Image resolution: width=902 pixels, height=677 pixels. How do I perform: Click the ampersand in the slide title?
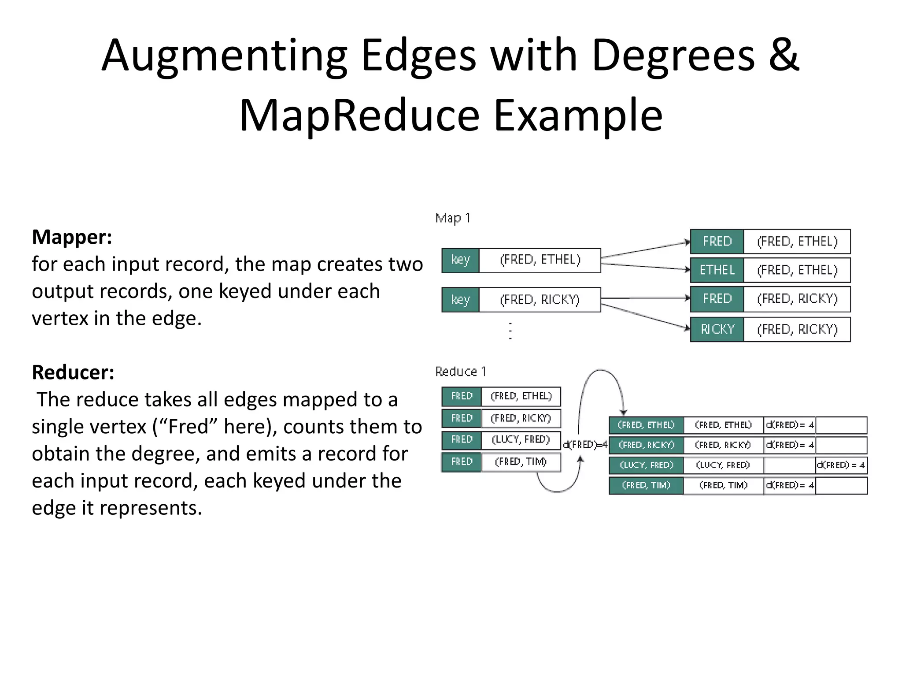pyautogui.click(x=784, y=56)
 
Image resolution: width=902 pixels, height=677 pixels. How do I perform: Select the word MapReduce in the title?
pyautogui.click(x=359, y=115)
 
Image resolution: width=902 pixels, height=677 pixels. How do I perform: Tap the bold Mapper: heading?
pyautogui.click(x=72, y=237)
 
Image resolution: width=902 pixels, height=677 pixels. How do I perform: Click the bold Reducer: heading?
pyautogui.click(x=73, y=372)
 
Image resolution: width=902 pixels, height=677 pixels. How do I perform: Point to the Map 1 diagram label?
pyautogui.click(x=453, y=218)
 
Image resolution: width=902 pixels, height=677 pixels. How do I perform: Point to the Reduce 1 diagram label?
pyautogui.click(x=460, y=372)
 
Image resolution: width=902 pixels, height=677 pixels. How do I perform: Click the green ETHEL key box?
pyautogui.click(x=717, y=270)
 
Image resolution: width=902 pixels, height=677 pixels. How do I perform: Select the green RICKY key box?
pyautogui.click(x=717, y=329)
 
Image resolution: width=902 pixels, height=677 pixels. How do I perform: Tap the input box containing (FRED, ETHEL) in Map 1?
pyautogui.click(x=540, y=260)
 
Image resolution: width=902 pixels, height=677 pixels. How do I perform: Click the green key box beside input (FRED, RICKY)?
pyautogui.click(x=460, y=300)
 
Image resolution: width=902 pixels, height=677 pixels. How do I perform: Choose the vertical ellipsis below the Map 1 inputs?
pyautogui.click(x=510, y=331)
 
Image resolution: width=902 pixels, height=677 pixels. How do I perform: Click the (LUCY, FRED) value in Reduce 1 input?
pyautogui.click(x=521, y=440)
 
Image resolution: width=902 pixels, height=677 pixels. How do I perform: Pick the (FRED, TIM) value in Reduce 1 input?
pyautogui.click(x=521, y=462)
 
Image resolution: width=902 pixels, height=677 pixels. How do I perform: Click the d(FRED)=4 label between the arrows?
pyautogui.click(x=585, y=445)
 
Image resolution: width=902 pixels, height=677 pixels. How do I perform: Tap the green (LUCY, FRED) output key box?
pyautogui.click(x=646, y=465)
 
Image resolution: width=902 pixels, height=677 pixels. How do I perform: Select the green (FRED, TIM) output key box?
pyautogui.click(x=646, y=485)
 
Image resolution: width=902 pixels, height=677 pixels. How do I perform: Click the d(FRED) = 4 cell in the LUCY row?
pyautogui.click(x=841, y=465)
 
